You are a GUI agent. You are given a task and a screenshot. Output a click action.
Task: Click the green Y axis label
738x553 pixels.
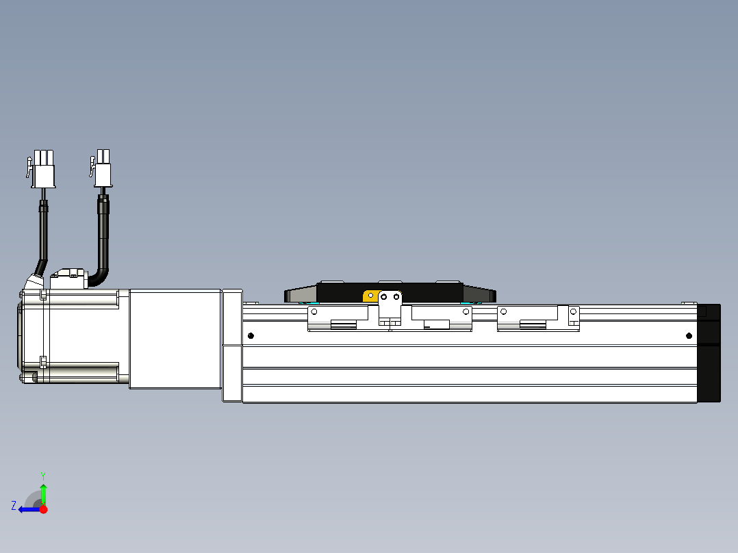42,474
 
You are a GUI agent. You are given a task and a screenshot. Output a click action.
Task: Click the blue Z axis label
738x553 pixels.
14,505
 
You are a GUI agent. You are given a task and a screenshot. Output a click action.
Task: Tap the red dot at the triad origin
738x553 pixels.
43,509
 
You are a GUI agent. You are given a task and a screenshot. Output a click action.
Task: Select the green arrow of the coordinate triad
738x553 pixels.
43,494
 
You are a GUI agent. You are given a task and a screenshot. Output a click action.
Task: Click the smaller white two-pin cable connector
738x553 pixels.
103,168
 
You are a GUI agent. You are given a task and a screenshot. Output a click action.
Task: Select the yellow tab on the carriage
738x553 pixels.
370,296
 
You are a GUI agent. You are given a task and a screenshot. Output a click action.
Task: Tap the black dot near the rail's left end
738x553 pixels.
251,335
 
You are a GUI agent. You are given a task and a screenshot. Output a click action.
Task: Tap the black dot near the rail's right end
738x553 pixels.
689,335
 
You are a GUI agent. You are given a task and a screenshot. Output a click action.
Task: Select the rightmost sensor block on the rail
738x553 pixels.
537,318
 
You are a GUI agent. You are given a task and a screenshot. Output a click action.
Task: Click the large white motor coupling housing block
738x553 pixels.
175,339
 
